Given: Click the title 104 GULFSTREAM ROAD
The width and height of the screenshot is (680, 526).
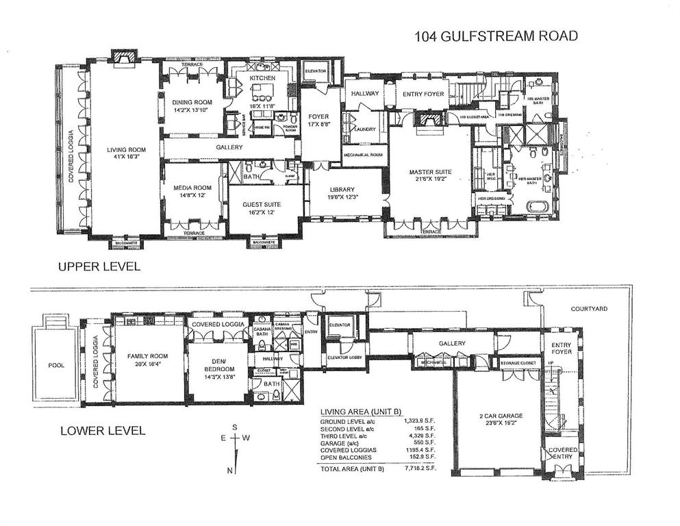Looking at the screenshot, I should [x=496, y=36].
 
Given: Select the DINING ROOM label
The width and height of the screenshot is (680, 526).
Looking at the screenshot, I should [x=193, y=102].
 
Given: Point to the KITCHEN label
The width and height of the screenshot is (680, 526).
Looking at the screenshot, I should [x=262, y=79].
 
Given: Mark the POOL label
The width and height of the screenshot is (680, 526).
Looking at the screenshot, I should [x=56, y=365].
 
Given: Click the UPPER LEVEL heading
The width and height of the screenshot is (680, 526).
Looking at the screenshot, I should [x=99, y=266].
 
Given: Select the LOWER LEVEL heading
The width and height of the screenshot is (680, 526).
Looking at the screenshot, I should [x=103, y=431].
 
